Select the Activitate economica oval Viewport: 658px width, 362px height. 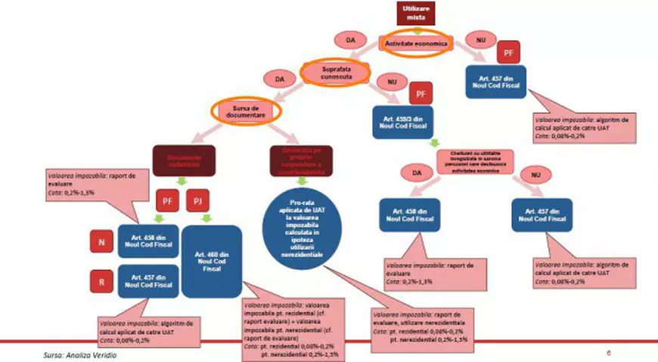(416, 44)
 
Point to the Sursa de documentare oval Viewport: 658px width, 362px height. (247, 110)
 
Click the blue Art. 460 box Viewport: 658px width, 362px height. (212, 258)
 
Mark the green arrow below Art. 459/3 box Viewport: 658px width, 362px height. (433, 143)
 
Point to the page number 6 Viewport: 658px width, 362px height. (609, 353)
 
